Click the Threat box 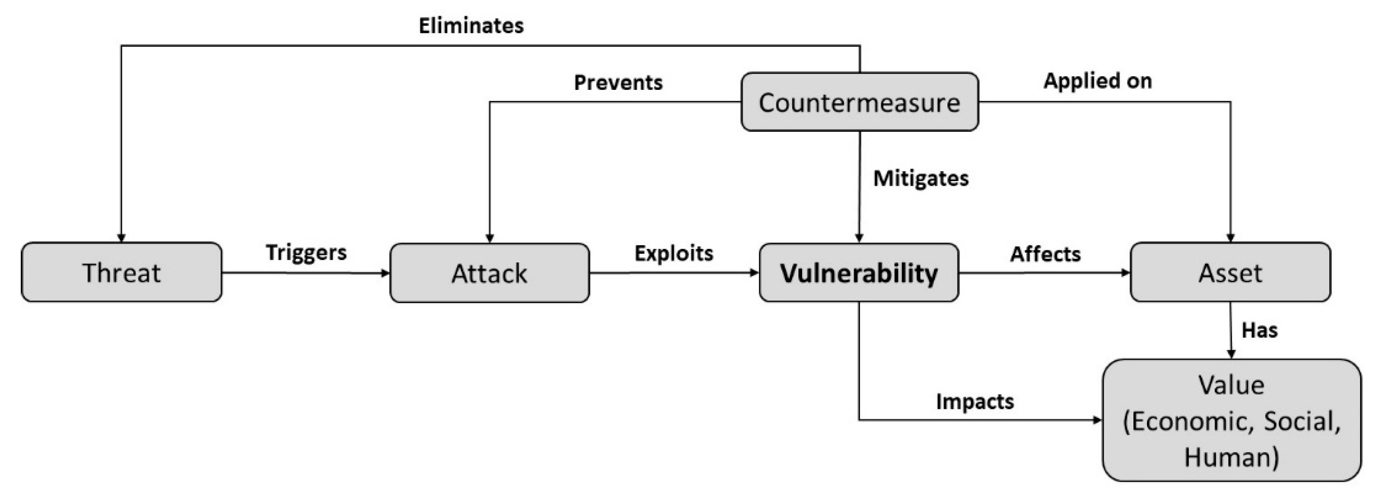pos(121,272)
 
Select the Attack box pos(489,273)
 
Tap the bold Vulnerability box pos(859,273)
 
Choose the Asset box pos(1230,272)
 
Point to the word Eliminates pos(471,26)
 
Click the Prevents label pos(618,83)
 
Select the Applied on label pos(1097,81)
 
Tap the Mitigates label pos(921,178)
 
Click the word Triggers pos(306,252)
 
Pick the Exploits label pos(673,253)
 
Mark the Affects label pos(1045,254)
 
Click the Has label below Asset pos(1259,330)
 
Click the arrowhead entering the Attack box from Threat pos(385,273)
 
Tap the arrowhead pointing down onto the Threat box pos(121,238)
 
